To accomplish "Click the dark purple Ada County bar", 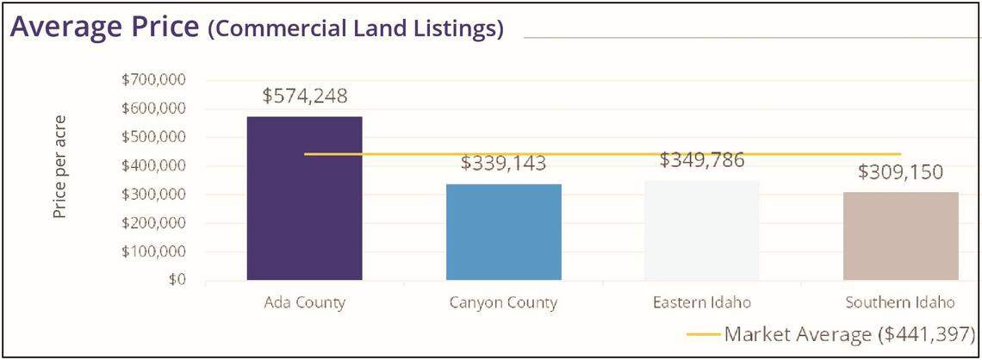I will click(x=304, y=198).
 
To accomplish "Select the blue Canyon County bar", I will click(x=503, y=232).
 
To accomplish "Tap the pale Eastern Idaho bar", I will click(x=703, y=230).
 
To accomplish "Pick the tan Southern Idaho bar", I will click(x=901, y=236).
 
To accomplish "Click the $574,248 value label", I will click(x=304, y=96).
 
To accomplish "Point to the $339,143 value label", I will click(x=503, y=164).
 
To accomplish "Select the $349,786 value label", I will click(x=703, y=160).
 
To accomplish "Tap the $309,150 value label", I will click(x=901, y=171).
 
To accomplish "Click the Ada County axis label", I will click(x=304, y=303).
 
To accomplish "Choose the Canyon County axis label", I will click(x=503, y=303).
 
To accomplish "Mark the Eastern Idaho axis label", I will click(x=703, y=303).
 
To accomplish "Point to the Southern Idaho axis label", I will click(x=901, y=303).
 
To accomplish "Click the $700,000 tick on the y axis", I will click(x=156, y=80).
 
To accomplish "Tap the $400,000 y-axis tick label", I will click(x=156, y=166).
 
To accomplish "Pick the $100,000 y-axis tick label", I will click(x=156, y=252).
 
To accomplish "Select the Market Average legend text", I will click(x=849, y=334).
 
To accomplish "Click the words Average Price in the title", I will click(x=105, y=28).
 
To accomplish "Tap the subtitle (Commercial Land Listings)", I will click(x=356, y=29).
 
